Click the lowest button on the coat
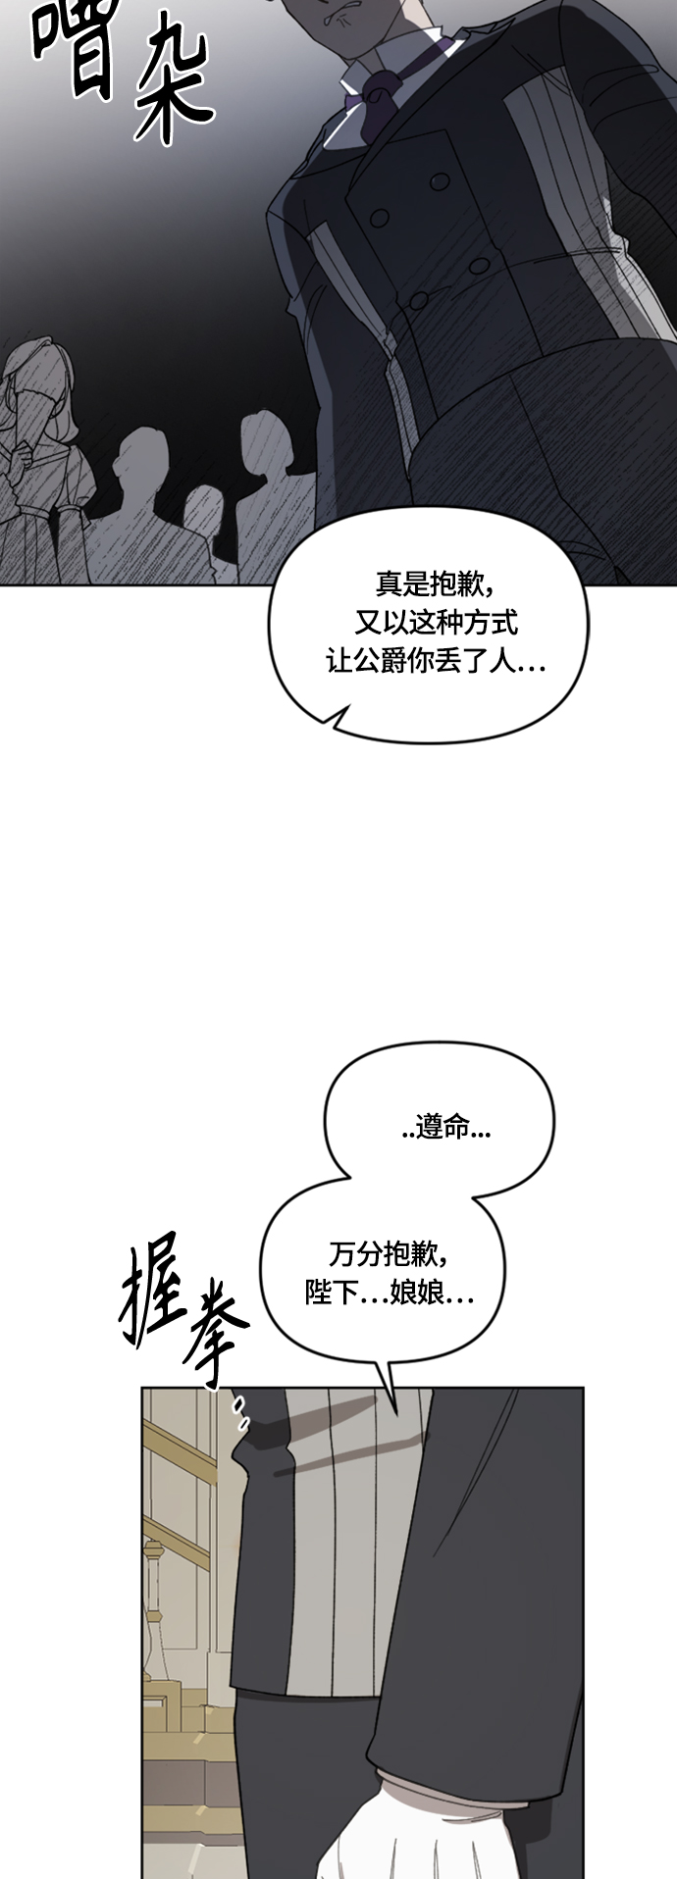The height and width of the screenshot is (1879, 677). (419, 301)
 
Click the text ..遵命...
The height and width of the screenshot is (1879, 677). (446, 1129)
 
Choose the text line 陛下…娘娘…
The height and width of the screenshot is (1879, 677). (390, 1294)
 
